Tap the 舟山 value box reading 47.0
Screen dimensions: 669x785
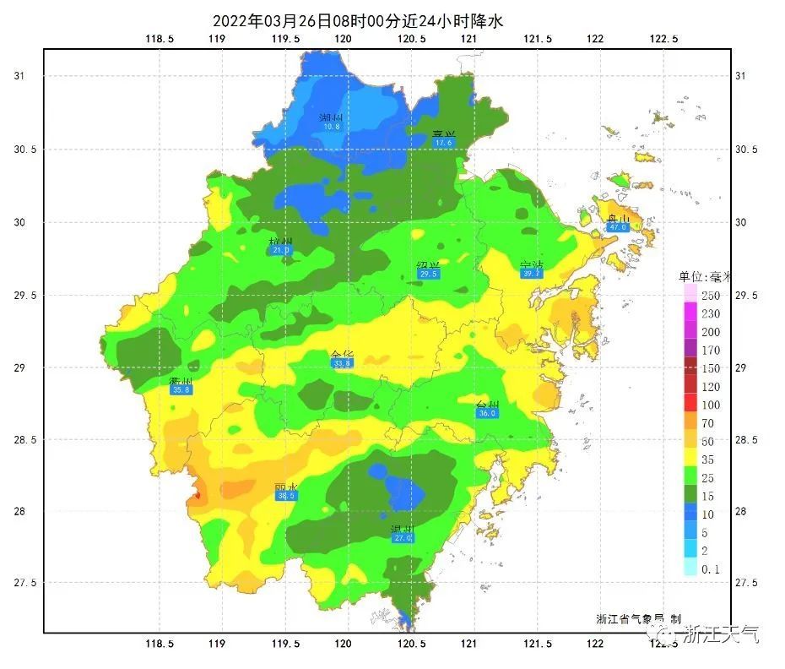(x=618, y=227)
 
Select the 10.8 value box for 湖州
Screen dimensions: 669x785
(x=331, y=127)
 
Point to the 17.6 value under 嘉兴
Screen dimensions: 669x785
(x=443, y=144)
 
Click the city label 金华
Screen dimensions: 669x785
(x=342, y=354)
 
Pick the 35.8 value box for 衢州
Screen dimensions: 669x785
(x=181, y=390)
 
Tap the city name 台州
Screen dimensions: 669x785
(x=487, y=405)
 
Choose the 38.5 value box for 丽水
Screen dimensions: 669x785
(x=286, y=497)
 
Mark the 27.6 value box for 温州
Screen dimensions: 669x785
(x=403, y=537)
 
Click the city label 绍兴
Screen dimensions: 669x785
(x=429, y=265)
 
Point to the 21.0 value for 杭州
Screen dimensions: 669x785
(x=281, y=250)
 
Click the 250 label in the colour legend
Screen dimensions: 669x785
(x=711, y=296)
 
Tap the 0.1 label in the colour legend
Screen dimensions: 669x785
(x=711, y=569)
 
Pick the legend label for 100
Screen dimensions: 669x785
(x=711, y=405)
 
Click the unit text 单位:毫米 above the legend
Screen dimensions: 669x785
(x=706, y=275)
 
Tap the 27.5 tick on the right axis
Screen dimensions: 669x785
(x=749, y=583)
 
